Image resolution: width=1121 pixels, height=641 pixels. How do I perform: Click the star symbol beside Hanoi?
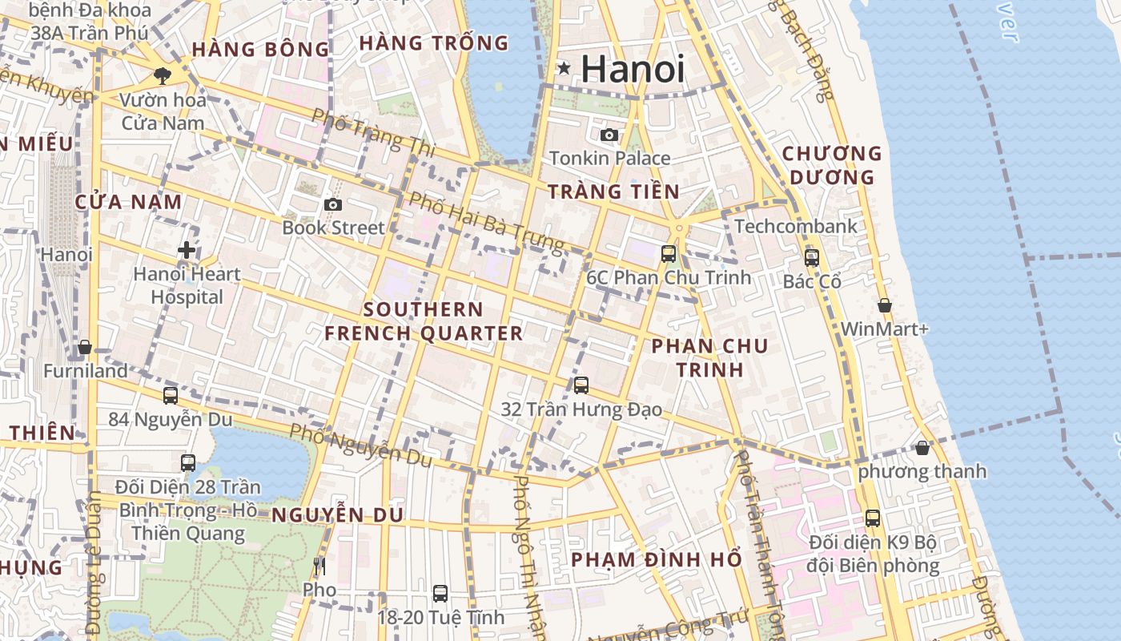click(564, 69)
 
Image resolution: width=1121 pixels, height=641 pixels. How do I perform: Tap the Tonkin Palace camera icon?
click(609, 135)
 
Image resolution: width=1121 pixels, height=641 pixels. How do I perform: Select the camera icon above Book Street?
click(333, 205)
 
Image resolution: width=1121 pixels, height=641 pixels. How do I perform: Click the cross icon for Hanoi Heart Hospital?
click(187, 250)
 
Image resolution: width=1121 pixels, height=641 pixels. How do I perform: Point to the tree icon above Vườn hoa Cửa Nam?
click(163, 77)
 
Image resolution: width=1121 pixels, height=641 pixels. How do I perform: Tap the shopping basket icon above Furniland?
click(85, 348)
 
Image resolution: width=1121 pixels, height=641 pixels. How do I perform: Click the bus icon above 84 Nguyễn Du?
click(171, 395)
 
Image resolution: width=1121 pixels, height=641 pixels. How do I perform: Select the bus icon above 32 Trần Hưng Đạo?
click(581, 385)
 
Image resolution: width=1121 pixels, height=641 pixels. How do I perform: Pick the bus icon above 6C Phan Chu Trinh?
click(669, 254)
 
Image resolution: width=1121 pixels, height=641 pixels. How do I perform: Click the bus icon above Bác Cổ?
click(812, 258)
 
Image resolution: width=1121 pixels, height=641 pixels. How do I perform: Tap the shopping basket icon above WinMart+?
click(885, 305)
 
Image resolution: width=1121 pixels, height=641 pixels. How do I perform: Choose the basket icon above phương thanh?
click(922, 448)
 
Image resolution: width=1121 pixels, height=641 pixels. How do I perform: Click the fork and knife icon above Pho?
click(319, 567)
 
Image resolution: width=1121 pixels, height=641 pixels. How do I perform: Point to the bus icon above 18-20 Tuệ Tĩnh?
click(440, 594)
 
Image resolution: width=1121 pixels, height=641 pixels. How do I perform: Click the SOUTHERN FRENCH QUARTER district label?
click(424, 321)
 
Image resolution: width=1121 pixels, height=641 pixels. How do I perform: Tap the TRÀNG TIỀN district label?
click(613, 191)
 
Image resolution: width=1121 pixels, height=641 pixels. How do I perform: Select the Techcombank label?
click(795, 227)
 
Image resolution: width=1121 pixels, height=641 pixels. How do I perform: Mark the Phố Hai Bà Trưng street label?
click(486, 220)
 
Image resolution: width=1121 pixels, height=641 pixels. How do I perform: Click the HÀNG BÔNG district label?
click(260, 50)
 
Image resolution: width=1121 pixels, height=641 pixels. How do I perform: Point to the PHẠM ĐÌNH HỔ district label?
click(657, 559)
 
